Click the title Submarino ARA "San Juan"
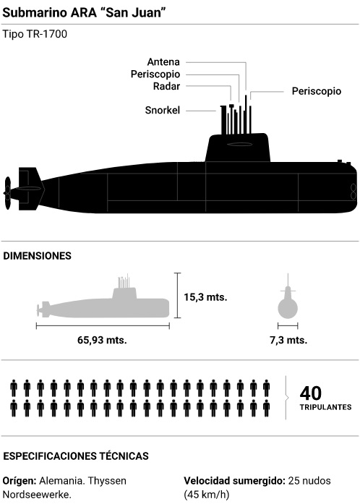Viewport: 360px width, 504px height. pos(84,12)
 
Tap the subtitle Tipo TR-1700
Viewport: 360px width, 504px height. pos(35,34)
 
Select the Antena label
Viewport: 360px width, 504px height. pos(163,61)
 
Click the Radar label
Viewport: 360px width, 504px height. pos(166,86)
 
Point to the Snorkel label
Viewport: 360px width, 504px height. pos(163,110)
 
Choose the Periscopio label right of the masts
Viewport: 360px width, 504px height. pos(317,91)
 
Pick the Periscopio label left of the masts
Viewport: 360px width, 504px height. pos(155,74)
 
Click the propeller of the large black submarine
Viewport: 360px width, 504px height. pos(7,193)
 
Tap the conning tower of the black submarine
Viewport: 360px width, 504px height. pos(238,148)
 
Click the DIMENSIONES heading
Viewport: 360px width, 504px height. pos(38,256)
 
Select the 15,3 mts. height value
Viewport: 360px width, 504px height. pos(205,297)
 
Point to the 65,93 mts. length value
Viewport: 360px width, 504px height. pos(102,340)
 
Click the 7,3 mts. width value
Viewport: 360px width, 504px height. pos(288,340)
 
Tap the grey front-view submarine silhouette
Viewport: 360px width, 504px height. pos(288,307)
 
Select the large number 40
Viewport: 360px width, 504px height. pos(311,393)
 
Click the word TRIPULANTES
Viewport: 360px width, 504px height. pos(325,407)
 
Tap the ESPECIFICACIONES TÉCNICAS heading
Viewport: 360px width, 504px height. pos(76,456)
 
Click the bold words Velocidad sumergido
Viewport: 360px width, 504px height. pos(235,481)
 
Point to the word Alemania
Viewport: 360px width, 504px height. pos(61,481)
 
